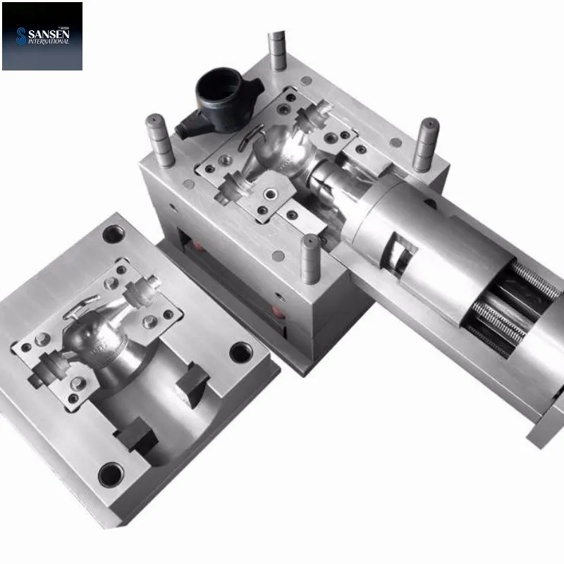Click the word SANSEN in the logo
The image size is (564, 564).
tap(49, 34)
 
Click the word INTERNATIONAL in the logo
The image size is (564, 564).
tap(49, 42)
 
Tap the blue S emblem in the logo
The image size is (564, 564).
tap(21, 36)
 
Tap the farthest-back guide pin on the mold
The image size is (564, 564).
tap(277, 50)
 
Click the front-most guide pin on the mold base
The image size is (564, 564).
tap(310, 259)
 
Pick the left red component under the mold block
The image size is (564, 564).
tap(198, 246)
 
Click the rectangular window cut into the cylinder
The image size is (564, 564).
tap(401, 255)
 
